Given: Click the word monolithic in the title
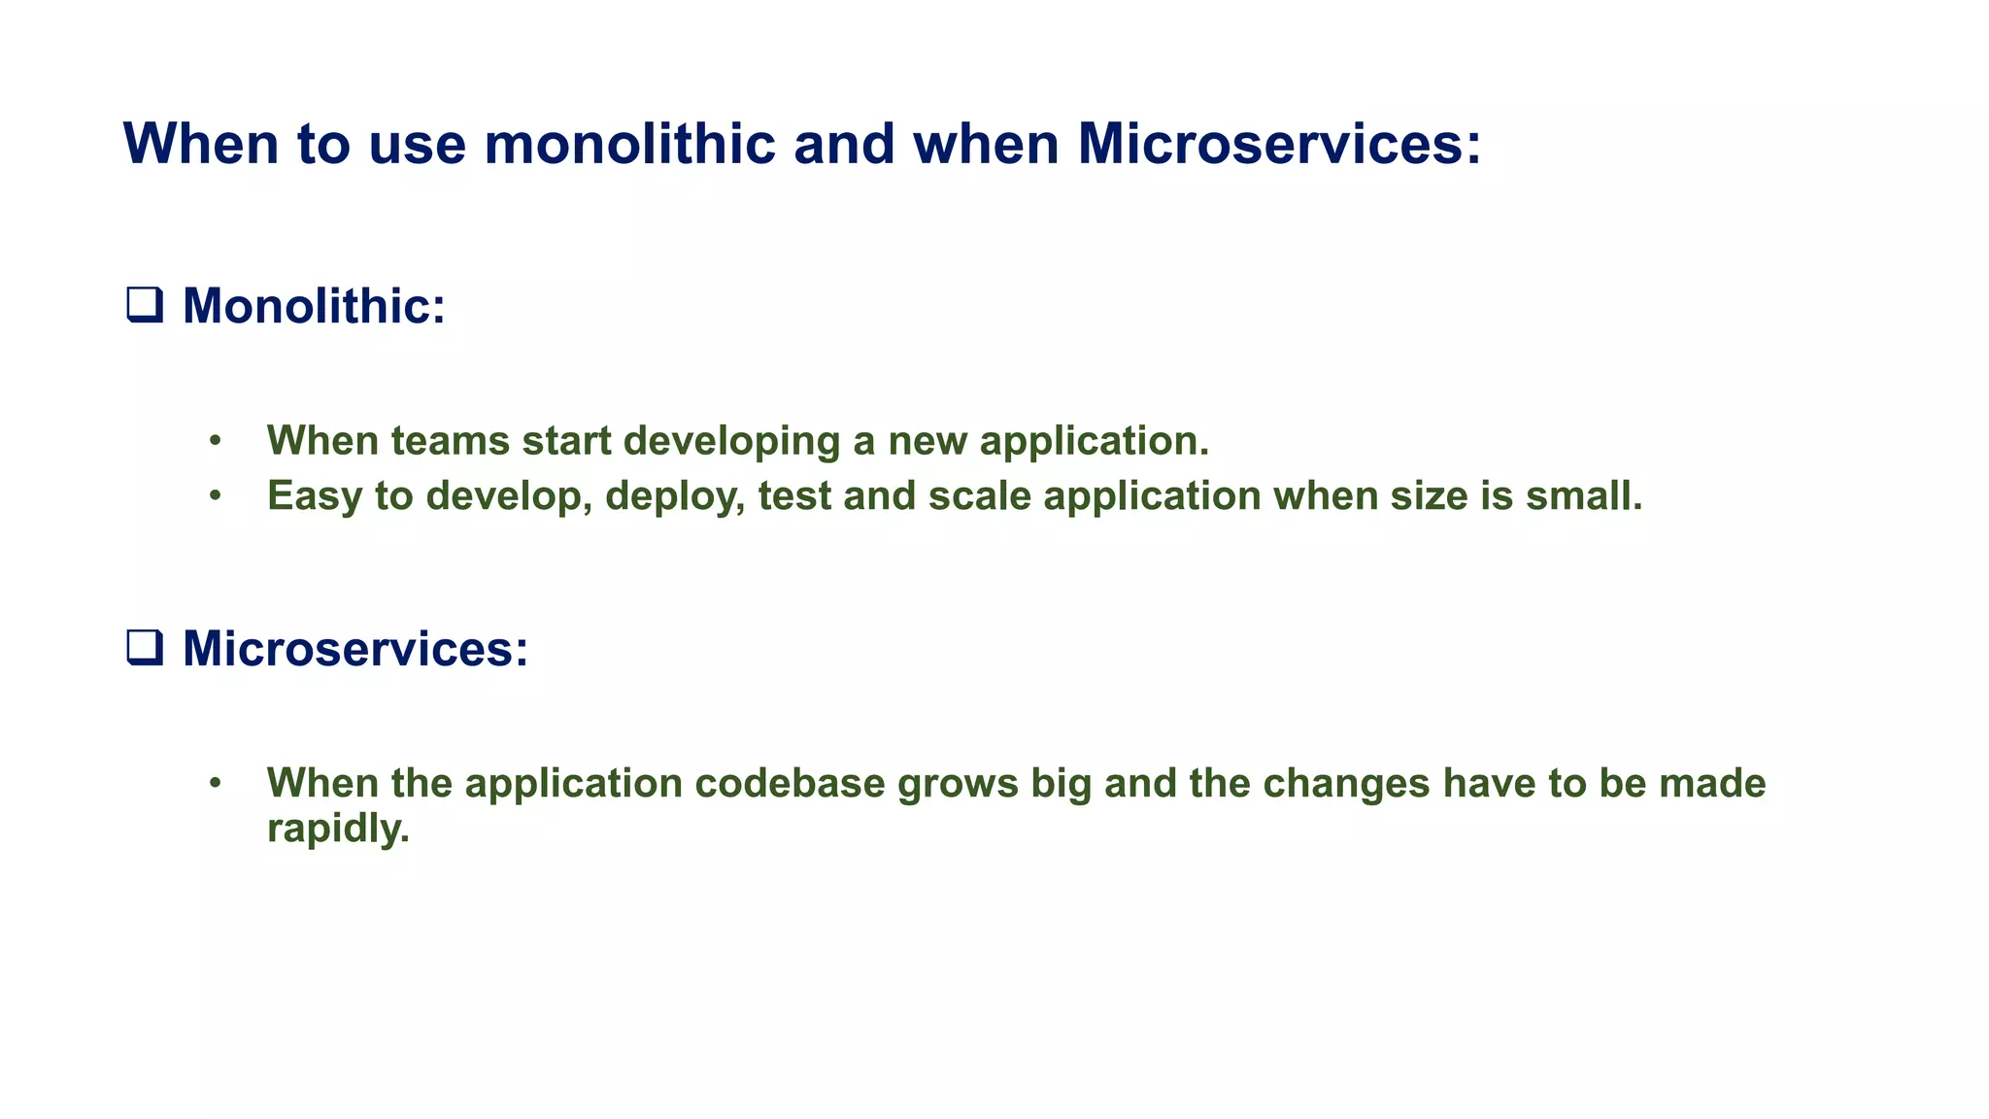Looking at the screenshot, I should (x=629, y=144).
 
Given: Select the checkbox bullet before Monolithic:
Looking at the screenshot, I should (x=145, y=305).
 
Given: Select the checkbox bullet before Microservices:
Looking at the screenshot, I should (x=145, y=647).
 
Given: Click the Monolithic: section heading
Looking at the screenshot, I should (x=314, y=305).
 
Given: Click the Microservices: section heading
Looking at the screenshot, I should (x=355, y=648).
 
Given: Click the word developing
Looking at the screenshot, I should (x=731, y=441).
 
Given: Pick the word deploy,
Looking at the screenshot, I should (x=675, y=496).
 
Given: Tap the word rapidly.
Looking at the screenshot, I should (x=337, y=829).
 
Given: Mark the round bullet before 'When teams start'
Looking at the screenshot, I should (x=216, y=442).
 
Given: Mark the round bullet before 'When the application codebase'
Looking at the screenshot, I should (x=216, y=784).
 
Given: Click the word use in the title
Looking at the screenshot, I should (x=418, y=144).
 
